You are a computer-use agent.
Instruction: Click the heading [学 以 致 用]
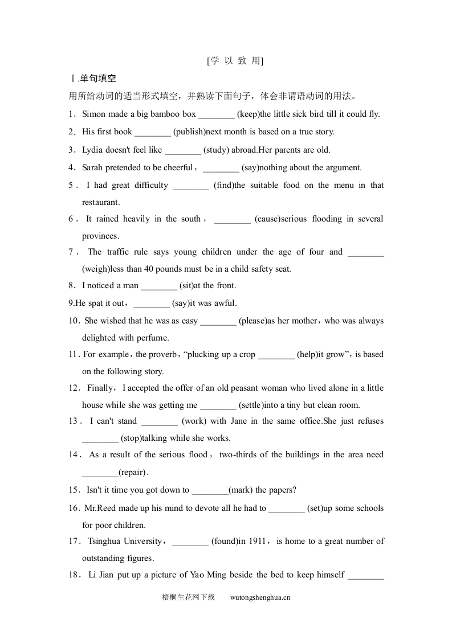click(235, 61)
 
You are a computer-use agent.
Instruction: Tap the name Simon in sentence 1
click(94, 114)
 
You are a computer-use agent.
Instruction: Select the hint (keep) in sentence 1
click(248, 114)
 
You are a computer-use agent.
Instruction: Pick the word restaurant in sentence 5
click(101, 202)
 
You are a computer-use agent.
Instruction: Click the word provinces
click(100, 236)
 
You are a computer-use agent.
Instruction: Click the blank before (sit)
click(159, 286)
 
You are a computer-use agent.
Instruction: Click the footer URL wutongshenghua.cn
click(260, 597)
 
